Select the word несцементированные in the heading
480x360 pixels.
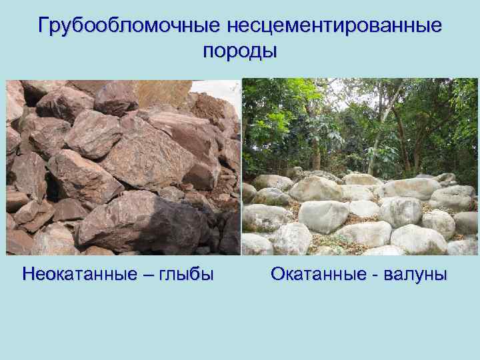[x=334, y=26]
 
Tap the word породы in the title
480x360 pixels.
[x=239, y=51]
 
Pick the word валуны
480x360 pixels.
[x=416, y=274]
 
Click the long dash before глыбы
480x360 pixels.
[x=150, y=275]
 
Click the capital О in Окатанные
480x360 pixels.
[x=278, y=274]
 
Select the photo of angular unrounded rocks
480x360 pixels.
[x=123, y=167]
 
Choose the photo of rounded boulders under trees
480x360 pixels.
[x=359, y=167]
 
